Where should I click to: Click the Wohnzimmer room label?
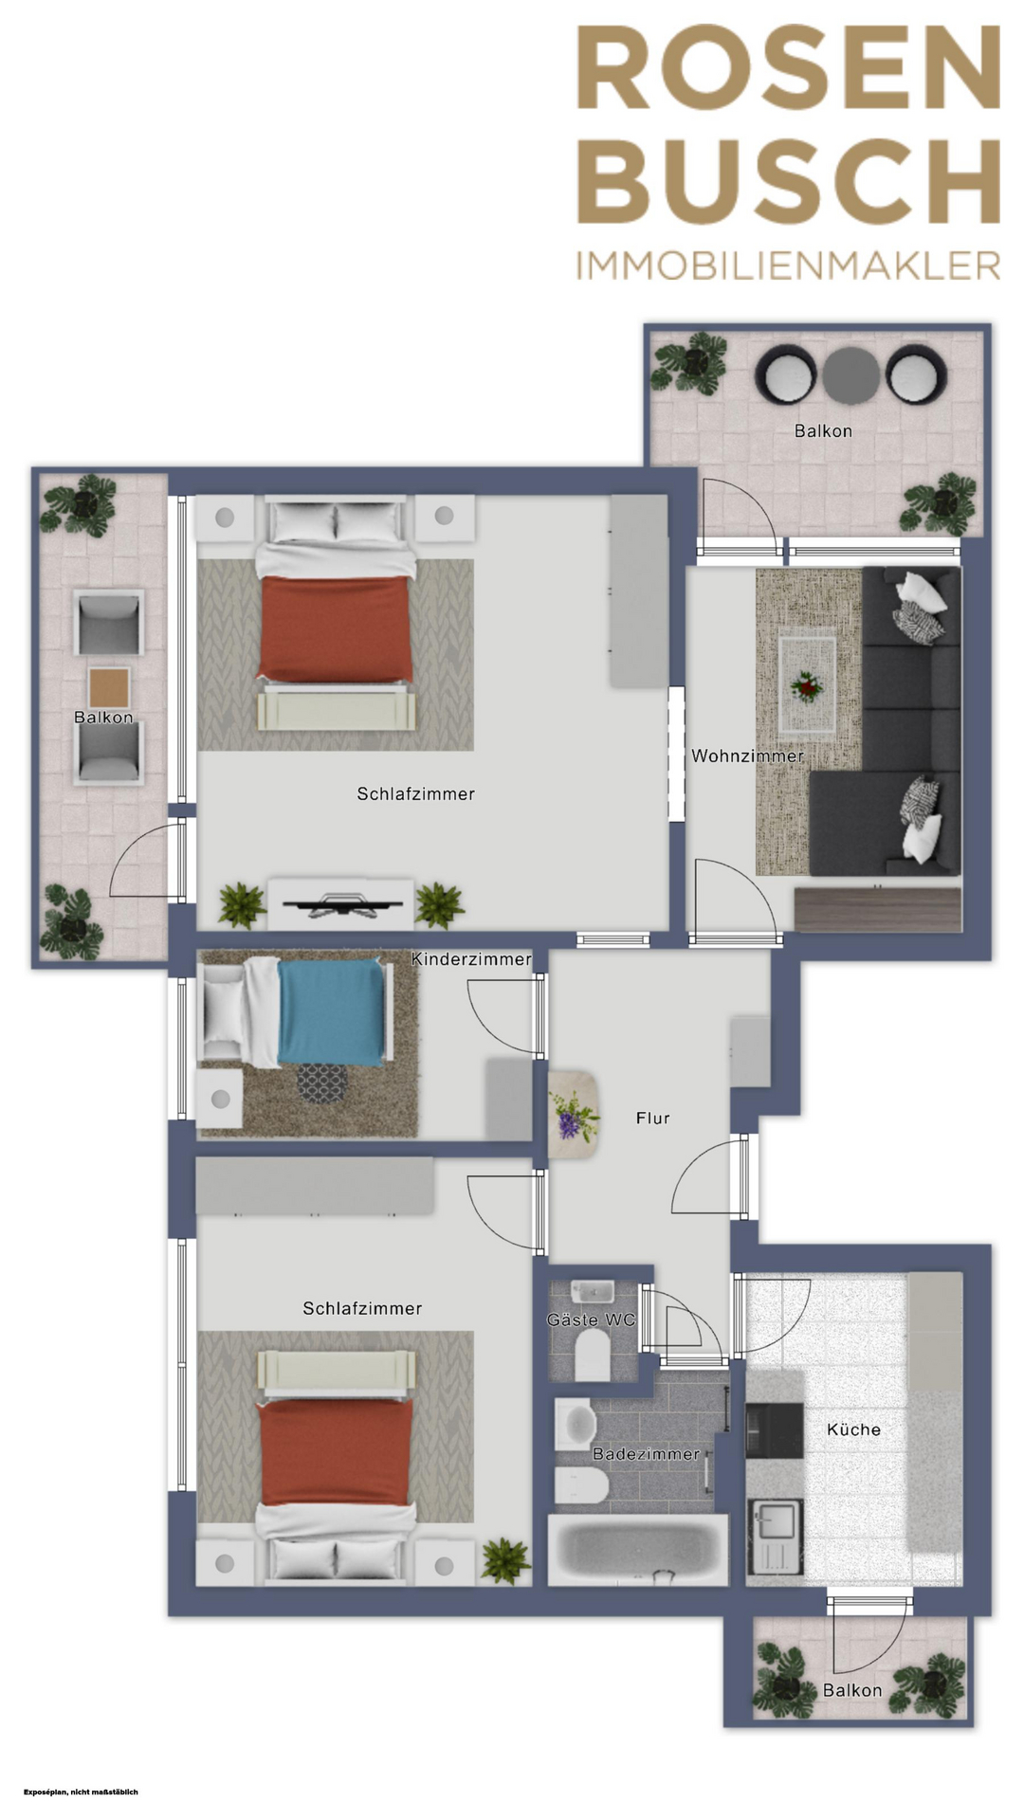click(x=747, y=756)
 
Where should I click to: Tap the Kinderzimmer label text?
click(x=471, y=959)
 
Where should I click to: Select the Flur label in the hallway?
click(x=652, y=1119)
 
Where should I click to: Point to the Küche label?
click(x=853, y=1429)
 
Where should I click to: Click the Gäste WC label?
click(x=591, y=1319)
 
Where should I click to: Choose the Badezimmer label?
click(x=646, y=1453)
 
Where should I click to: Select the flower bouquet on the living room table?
click(x=808, y=685)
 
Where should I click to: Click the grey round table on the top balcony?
click(x=850, y=376)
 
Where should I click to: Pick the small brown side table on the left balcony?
click(x=109, y=688)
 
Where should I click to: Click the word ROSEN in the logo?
click(x=789, y=68)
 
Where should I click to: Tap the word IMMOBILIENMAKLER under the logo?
click(x=789, y=266)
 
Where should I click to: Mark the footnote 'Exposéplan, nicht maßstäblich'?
click(x=81, y=1792)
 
